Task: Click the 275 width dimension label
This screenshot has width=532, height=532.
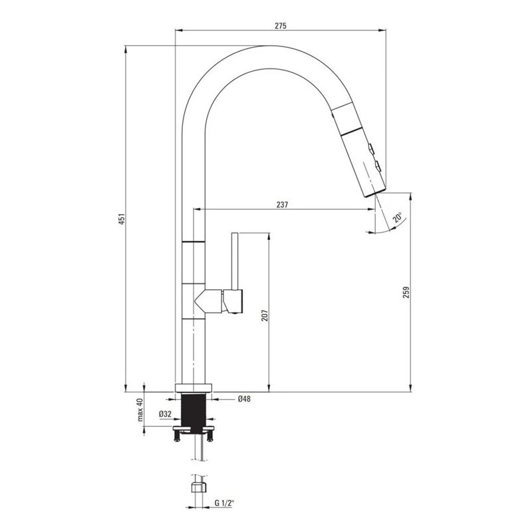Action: (281, 25)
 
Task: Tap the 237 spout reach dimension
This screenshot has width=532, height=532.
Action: (282, 205)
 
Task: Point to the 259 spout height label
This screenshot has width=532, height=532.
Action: (407, 292)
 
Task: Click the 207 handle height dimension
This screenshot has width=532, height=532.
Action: (265, 315)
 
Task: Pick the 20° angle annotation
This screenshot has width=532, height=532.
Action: (397, 217)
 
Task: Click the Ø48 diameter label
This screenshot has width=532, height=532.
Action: (244, 399)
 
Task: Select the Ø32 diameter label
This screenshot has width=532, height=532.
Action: (165, 414)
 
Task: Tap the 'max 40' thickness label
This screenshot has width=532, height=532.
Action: (140, 410)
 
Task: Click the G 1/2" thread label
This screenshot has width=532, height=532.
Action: (224, 503)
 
